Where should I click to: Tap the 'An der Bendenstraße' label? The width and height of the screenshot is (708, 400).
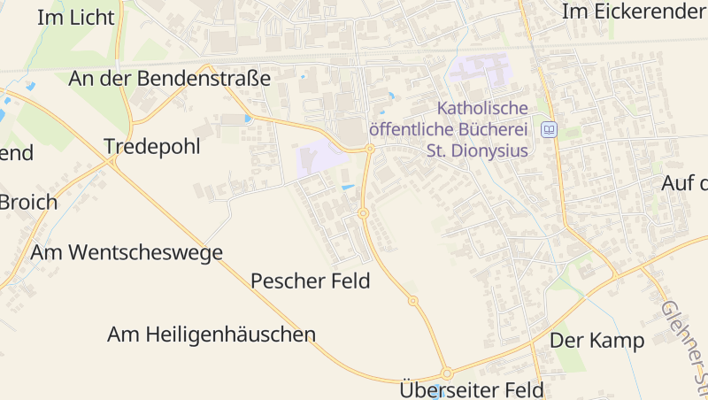tap(169, 78)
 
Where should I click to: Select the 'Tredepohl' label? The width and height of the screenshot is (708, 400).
tap(152, 146)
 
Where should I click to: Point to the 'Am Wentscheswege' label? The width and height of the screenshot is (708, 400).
tap(127, 252)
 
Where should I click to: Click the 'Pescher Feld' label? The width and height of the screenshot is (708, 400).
tap(310, 281)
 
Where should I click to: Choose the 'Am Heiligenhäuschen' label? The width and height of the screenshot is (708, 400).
tap(212, 335)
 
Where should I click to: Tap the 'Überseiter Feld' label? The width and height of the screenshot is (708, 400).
tap(472, 389)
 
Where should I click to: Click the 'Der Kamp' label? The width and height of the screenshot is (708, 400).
tap(597, 341)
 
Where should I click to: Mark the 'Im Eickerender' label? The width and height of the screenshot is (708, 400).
tap(634, 12)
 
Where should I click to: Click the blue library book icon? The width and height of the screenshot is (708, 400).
tap(549, 129)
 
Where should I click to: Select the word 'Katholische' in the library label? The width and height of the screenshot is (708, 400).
tap(482, 108)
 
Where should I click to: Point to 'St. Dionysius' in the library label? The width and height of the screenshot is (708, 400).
tap(477, 150)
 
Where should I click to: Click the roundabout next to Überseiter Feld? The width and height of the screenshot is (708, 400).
tap(447, 373)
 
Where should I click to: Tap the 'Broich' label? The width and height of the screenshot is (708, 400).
tap(28, 202)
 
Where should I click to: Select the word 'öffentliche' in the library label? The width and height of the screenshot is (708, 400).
tap(411, 129)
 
